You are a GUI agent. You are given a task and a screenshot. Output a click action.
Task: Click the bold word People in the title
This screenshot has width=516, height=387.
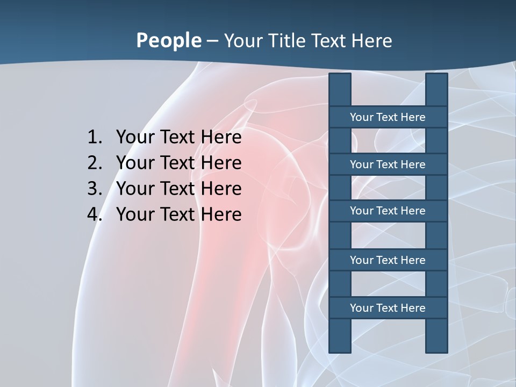pyautogui.click(x=168, y=41)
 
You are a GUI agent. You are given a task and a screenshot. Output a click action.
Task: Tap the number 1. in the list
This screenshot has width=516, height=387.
pyautogui.click(x=95, y=138)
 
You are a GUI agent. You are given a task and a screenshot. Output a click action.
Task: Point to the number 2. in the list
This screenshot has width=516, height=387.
pyautogui.click(x=95, y=163)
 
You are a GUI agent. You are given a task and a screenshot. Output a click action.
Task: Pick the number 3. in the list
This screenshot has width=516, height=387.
pyautogui.click(x=95, y=189)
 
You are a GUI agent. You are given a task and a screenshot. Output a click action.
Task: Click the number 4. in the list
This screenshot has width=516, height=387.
pyautogui.click(x=95, y=215)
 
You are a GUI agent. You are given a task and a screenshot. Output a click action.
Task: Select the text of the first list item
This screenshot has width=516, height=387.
pyautogui.click(x=178, y=138)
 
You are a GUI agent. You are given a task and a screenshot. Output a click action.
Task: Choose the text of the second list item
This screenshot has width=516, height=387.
pyautogui.click(x=178, y=163)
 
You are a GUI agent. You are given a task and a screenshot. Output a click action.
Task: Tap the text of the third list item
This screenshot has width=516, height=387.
pyautogui.click(x=178, y=189)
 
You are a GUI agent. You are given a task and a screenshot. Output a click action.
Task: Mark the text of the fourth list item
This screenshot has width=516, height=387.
pyautogui.click(x=178, y=215)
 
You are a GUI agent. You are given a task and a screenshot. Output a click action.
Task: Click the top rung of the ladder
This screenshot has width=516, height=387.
pyautogui.click(x=388, y=117)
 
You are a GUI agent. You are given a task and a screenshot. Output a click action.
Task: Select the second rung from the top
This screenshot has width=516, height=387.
pyautogui.click(x=388, y=164)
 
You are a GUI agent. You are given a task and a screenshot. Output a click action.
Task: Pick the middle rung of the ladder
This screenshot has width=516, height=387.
pyautogui.click(x=388, y=211)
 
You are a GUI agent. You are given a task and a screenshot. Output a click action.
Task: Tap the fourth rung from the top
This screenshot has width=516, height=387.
pyautogui.click(x=388, y=260)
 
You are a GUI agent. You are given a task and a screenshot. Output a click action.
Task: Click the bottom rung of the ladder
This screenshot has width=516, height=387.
pyautogui.click(x=388, y=308)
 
